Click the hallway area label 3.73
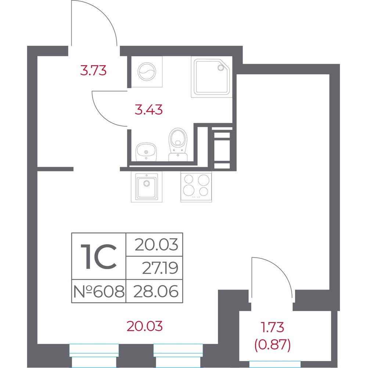[x=93, y=70]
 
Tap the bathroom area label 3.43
[x=148, y=110]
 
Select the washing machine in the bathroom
[x=147, y=72]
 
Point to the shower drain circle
[x=221, y=68]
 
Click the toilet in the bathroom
[x=178, y=144]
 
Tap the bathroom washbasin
[x=146, y=152]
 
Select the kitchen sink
[x=147, y=187]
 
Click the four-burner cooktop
[x=196, y=187]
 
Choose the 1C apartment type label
[x=98, y=256]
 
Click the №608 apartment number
[x=99, y=291]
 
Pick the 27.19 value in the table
[x=160, y=268]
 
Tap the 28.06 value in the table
[x=156, y=291]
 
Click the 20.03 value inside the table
[x=156, y=245]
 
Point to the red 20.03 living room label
[x=145, y=326]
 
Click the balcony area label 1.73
[x=272, y=327]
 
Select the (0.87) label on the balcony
[x=273, y=345]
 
